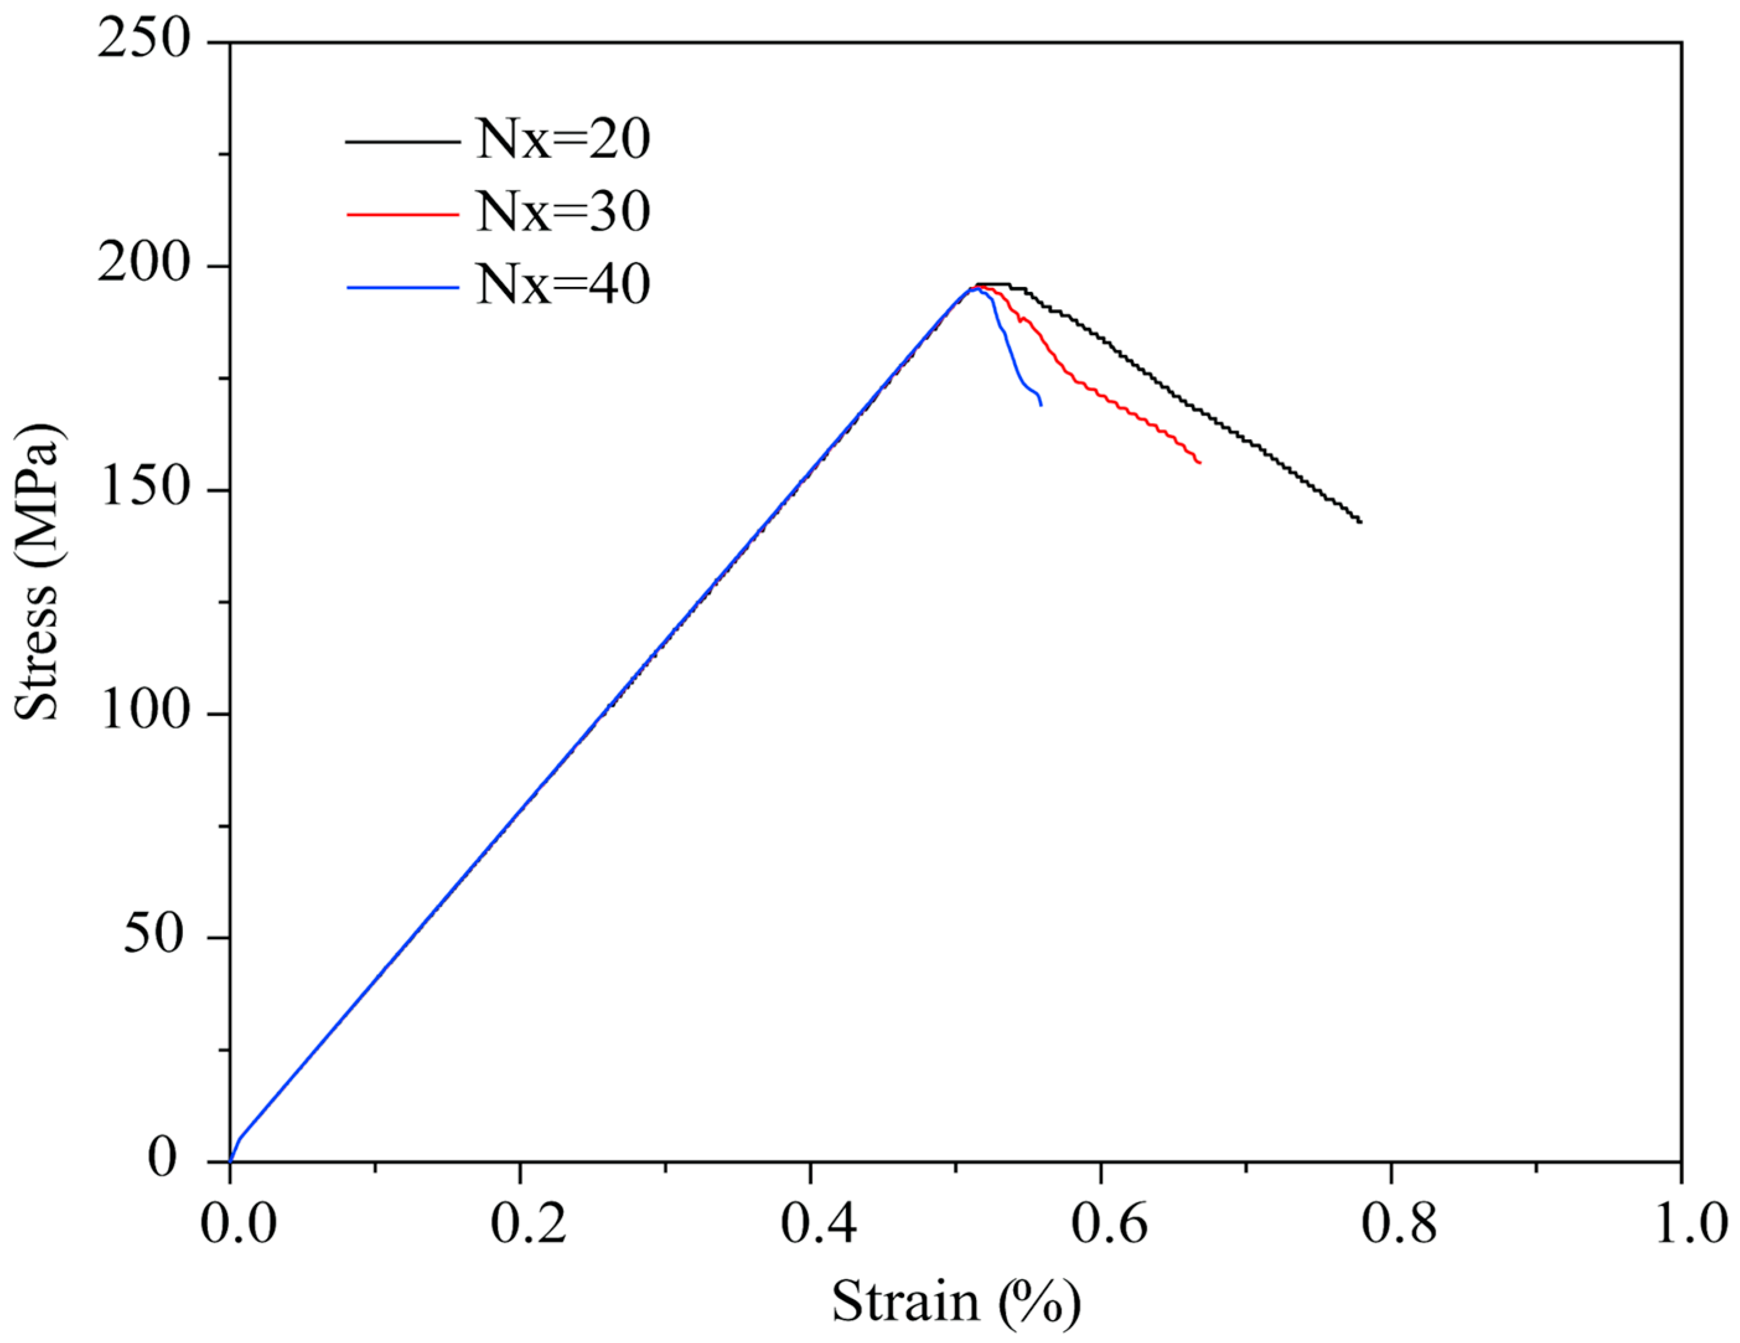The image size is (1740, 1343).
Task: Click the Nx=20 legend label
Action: coord(563,140)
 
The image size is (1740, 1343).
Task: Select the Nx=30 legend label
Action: coord(563,212)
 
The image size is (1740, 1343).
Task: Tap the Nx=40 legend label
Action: coord(563,285)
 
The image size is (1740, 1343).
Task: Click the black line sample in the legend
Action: coord(402,142)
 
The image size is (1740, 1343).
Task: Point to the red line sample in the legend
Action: coord(402,214)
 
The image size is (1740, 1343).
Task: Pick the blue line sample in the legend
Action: coord(402,287)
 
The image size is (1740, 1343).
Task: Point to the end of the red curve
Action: coord(1199,463)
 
